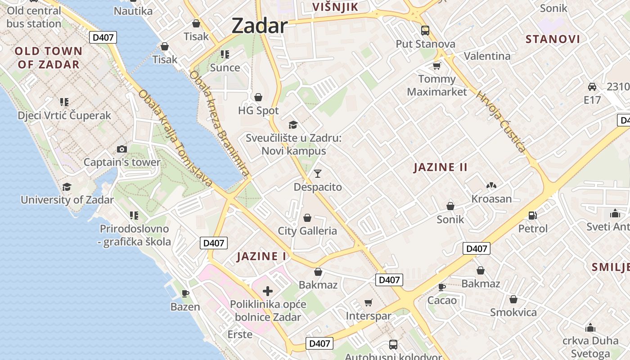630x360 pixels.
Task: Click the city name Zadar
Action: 259,26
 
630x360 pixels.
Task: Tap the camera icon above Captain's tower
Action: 121,149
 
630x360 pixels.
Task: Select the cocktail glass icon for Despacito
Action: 318,173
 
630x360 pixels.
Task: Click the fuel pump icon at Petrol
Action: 533,216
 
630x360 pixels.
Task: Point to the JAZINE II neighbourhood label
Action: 441,167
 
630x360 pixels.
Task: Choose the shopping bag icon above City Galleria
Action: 307,218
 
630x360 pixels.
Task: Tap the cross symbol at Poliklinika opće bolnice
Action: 267,291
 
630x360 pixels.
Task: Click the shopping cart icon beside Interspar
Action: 368,302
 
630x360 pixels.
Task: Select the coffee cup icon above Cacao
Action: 442,287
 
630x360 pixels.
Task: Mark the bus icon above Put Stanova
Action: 425,31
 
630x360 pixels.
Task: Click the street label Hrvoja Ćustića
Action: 501,121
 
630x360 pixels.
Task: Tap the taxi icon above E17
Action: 592,86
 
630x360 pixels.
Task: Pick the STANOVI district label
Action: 553,39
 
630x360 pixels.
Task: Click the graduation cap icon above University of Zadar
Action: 67,187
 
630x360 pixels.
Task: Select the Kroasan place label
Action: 491,198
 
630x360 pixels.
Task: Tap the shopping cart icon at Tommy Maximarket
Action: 436,66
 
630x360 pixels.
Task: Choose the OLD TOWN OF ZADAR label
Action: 49,58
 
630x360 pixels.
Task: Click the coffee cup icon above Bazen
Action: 185,293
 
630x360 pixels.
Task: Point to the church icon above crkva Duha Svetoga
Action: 590,327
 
